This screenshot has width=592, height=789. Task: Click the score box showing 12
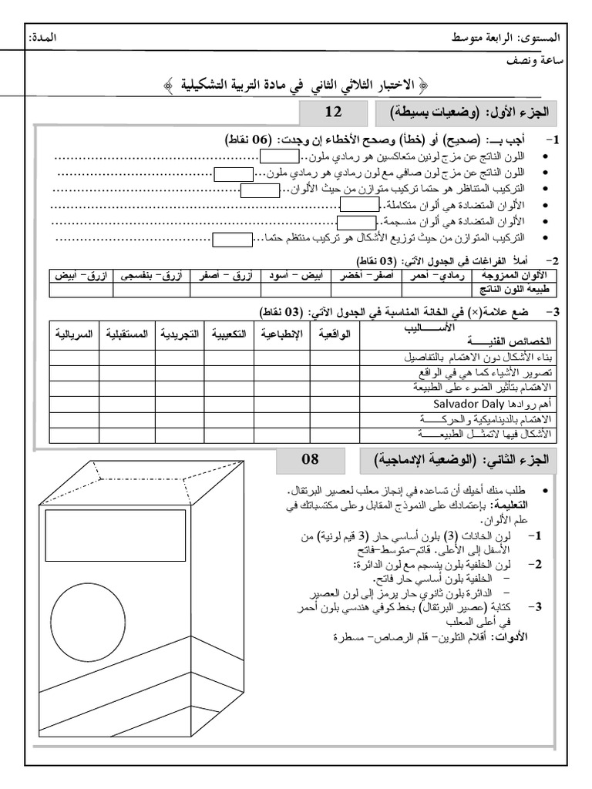[333, 112]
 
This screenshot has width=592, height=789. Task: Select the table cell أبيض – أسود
[289, 274]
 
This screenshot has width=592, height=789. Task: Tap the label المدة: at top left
[42, 38]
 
